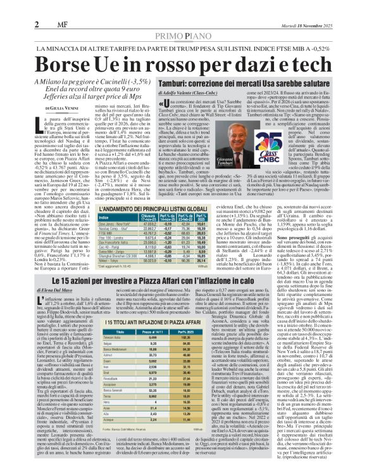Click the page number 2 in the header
pos(37,23)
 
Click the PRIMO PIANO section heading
pos(183,36)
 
